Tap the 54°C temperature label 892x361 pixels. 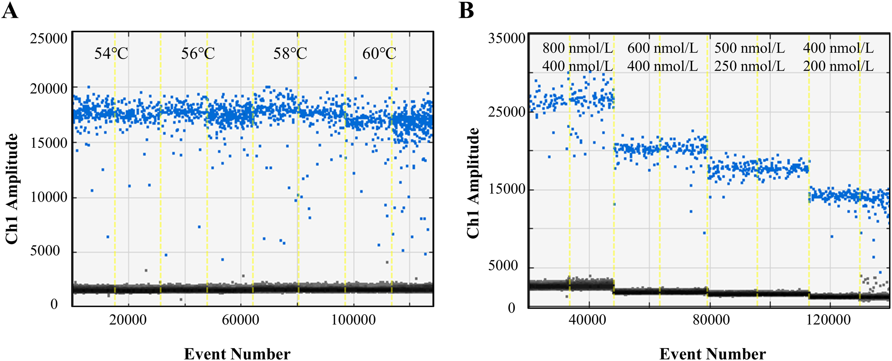pos(111,54)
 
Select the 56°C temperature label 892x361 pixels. pos(198,54)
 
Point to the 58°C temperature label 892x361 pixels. pos(290,54)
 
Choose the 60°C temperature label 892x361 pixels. pos(379,54)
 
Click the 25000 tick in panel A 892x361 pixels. pos(49,39)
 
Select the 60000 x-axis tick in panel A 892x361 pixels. pos(240,320)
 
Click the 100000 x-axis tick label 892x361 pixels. pos(353,320)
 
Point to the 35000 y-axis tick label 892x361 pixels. pos(507,38)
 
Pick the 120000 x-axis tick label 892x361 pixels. pos(828,320)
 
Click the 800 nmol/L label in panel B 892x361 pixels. pos(578,48)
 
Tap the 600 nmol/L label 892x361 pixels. pos(663,48)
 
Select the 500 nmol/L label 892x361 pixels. pos(749,48)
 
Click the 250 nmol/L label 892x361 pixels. pos(749,66)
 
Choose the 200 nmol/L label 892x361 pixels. pos(838,66)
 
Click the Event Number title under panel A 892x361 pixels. pos(237,354)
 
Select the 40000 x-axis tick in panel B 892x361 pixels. pos(587,320)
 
